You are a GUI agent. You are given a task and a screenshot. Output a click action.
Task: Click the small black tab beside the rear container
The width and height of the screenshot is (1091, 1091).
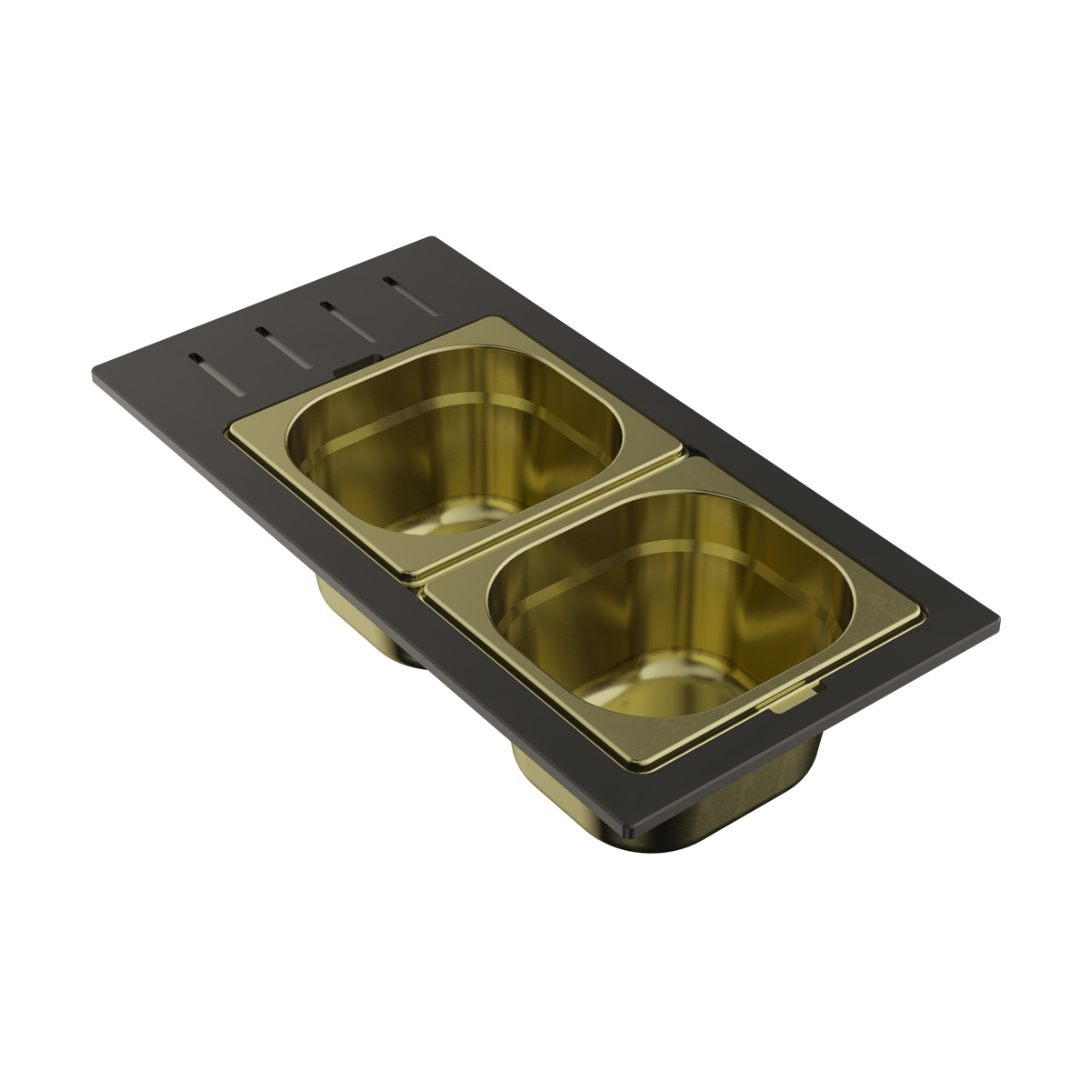coord(348,367)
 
